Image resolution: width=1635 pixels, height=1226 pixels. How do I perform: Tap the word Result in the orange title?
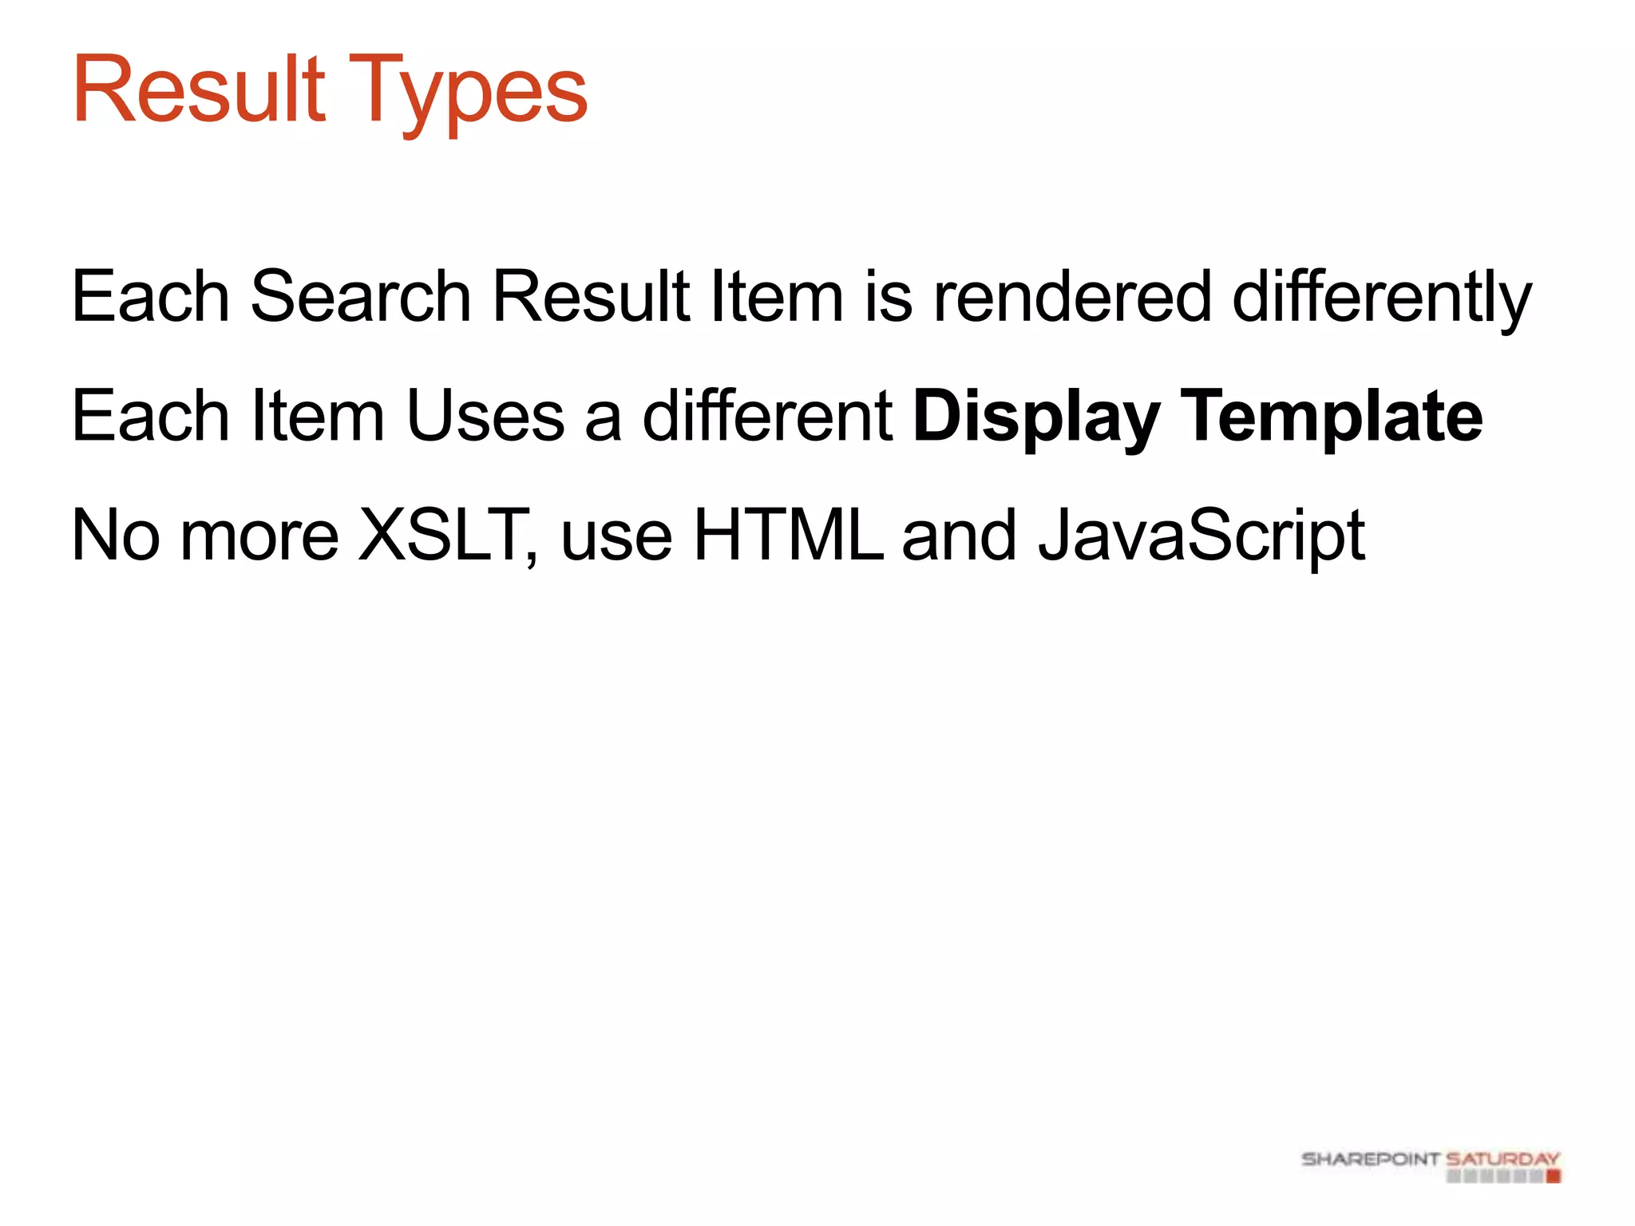(x=199, y=89)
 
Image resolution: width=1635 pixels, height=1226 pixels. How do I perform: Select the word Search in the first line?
(x=361, y=297)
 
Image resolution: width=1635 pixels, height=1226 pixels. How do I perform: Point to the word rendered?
(x=1073, y=297)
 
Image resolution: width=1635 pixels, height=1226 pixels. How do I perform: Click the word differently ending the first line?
(x=1382, y=299)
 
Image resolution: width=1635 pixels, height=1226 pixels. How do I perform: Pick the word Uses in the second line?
(x=485, y=416)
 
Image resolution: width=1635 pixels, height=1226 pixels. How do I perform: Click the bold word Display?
(x=1036, y=417)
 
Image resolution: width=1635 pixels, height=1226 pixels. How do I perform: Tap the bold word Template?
(x=1331, y=417)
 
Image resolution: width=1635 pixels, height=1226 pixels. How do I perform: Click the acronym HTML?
(x=789, y=535)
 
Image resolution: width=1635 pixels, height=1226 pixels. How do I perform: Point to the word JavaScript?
(x=1202, y=536)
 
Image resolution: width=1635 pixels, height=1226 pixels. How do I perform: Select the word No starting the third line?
(x=116, y=536)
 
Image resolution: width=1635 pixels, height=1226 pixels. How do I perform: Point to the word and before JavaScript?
(x=959, y=536)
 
